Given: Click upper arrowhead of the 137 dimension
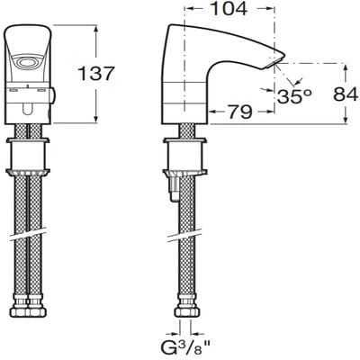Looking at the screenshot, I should tap(94, 27).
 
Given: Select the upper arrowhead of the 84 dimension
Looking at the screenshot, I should tap(344, 65).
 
